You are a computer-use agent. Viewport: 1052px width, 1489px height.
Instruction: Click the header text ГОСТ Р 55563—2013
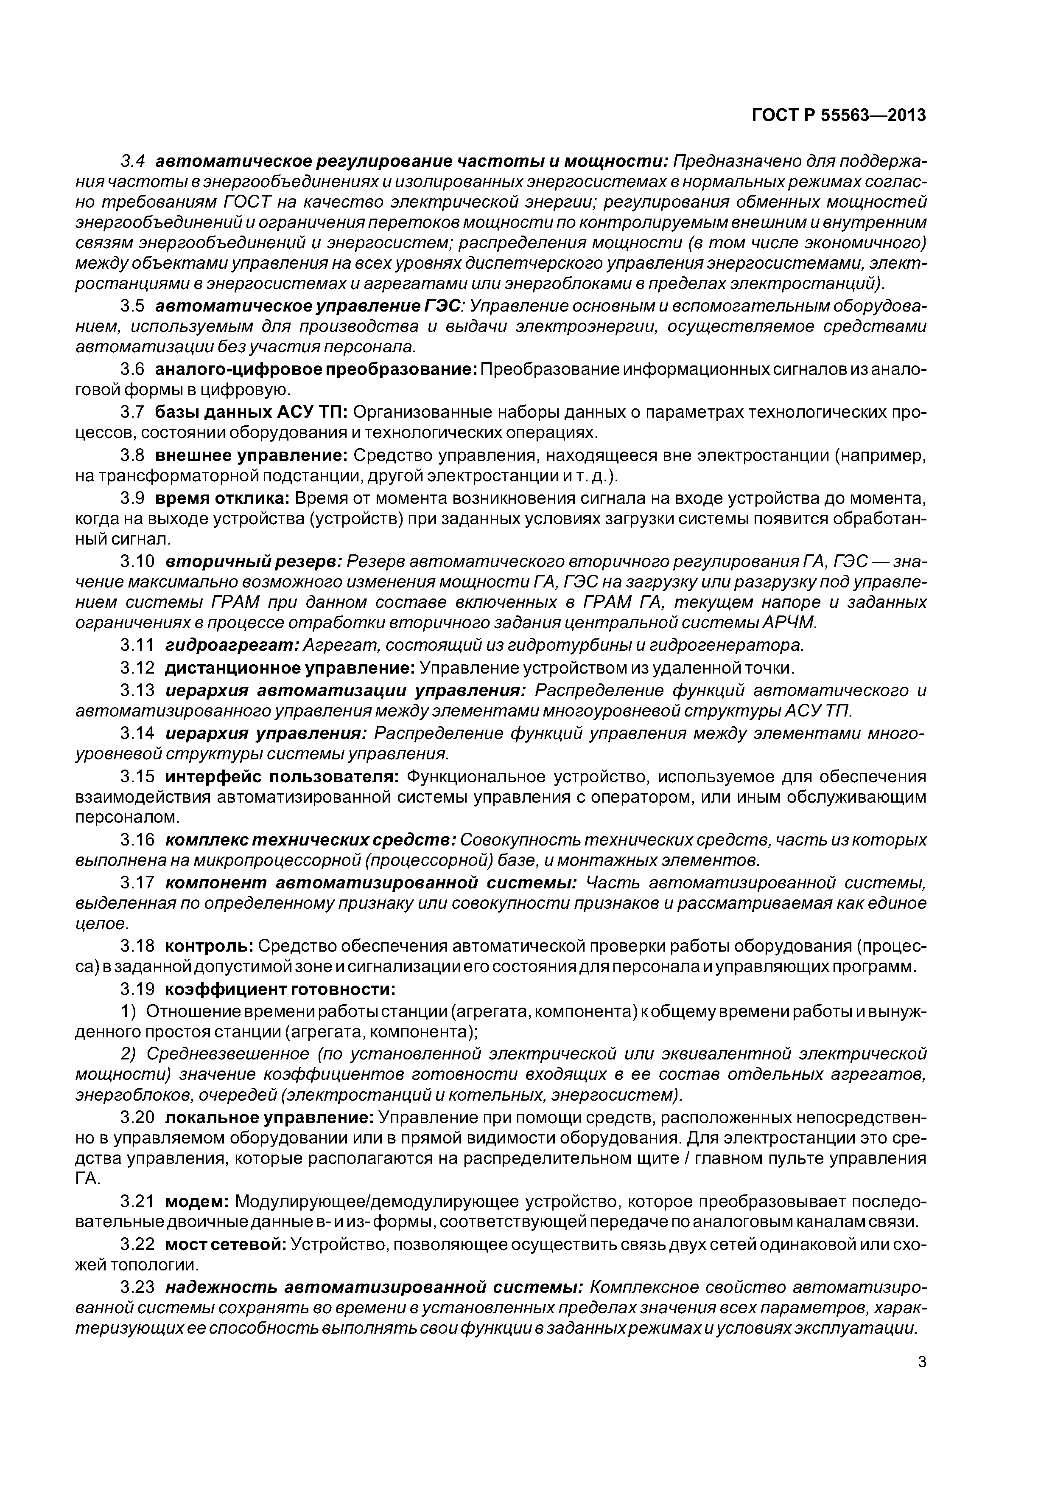(x=838, y=115)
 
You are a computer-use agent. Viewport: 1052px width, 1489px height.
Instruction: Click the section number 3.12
(x=137, y=667)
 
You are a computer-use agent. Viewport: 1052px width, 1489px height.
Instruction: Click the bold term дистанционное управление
(x=290, y=667)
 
